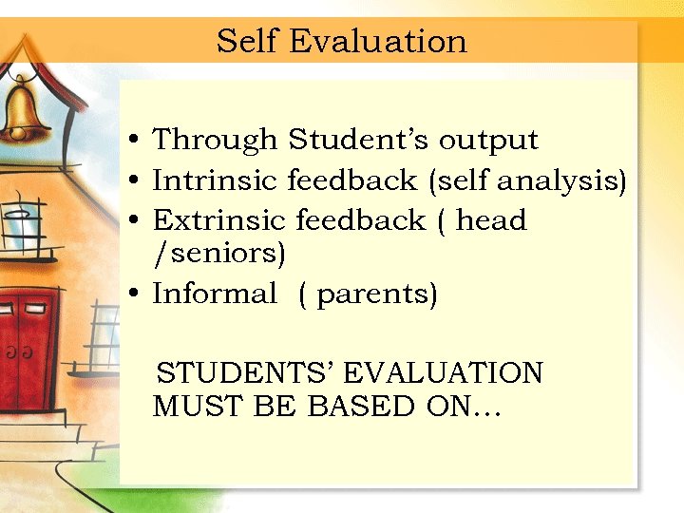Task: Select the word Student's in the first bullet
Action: coord(359,140)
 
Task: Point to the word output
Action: coord(488,141)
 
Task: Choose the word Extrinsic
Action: coord(219,220)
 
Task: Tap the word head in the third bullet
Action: coord(491,220)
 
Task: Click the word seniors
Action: coord(222,254)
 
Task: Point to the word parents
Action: coord(376,294)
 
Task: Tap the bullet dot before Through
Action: coord(137,142)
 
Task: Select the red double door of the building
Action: coord(27,351)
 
